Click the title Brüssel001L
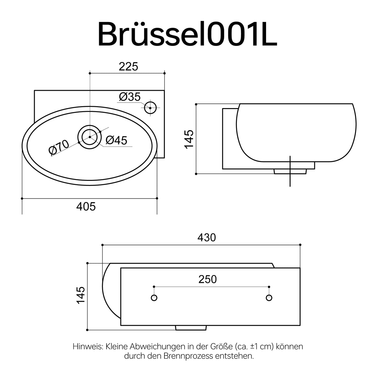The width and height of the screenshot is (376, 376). point(187,34)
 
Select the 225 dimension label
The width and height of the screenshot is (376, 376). point(128,66)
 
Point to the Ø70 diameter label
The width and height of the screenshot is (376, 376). point(59,147)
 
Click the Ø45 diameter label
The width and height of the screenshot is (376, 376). point(116,140)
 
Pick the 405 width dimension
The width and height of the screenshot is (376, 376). point(86,206)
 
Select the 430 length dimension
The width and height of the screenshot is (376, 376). point(207,238)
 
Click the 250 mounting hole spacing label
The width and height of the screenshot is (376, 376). point(208,279)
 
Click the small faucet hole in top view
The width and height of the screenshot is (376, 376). point(150,108)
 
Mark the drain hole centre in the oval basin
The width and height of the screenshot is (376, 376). point(90,137)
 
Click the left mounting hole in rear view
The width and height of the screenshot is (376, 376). point(154,298)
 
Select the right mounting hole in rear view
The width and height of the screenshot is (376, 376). point(269,298)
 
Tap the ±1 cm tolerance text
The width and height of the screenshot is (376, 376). point(261,346)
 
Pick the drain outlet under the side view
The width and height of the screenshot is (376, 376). point(290,171)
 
